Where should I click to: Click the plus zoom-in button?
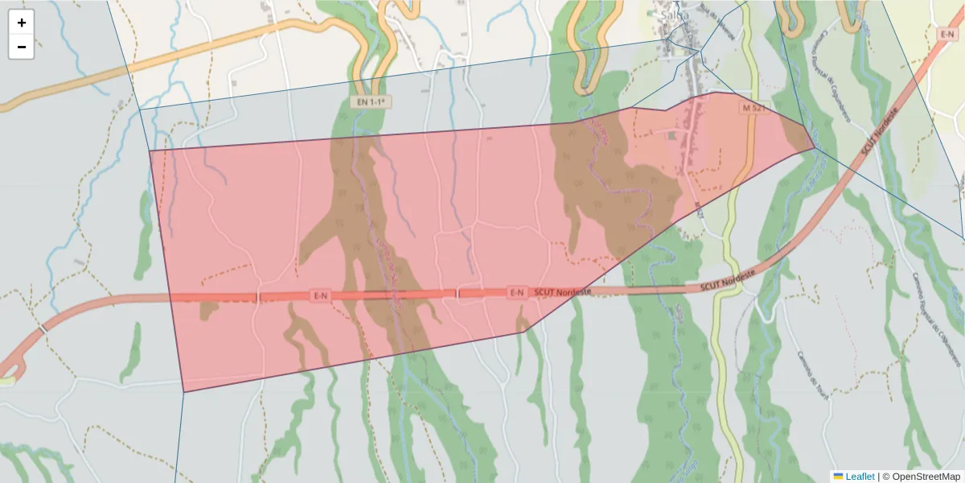pos(22,23)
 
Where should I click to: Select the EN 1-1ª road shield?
pos(371,102)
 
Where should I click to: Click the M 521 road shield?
pos(752,107)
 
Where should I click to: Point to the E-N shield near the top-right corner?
pos(947,34)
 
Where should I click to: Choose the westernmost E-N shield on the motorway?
pos(320,295)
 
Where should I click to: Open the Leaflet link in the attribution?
pos(860,477)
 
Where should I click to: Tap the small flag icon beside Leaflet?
pos(838,477)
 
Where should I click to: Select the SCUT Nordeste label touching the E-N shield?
pos(562,291)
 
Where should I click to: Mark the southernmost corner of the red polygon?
pos(184,392)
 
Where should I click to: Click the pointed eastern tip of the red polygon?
pos(815,147)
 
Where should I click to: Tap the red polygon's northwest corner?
pos(150,151)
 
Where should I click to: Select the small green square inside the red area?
pos(671,136)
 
